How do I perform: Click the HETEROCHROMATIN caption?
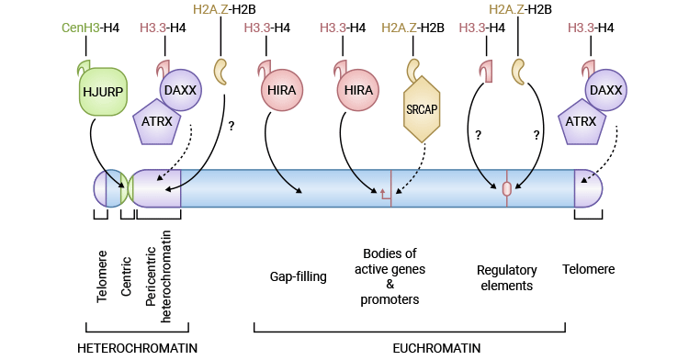(137, 348)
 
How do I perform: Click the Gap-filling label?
(299, 276)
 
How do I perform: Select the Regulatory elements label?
(505, 277)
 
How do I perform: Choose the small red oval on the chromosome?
(506, 188)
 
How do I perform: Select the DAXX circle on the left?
(182, 91)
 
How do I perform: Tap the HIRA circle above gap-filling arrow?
(280, 92)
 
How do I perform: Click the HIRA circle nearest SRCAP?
(357, 92)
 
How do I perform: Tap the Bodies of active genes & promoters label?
(390, 276)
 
